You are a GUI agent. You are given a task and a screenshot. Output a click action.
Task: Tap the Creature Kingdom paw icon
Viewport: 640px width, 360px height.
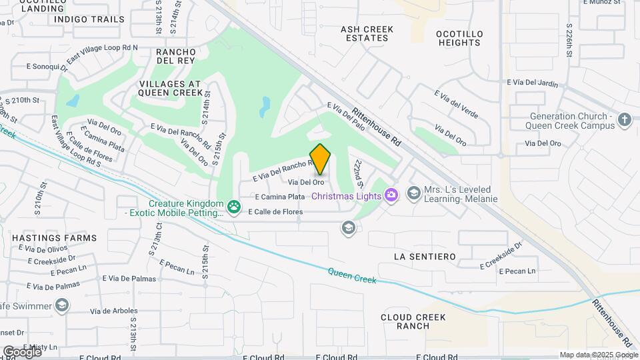click(x=234, y=207)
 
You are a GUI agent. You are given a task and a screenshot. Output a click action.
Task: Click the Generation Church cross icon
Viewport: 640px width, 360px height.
click(x=624, y=119)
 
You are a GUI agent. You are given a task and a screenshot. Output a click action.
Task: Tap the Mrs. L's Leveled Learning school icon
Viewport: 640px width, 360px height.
click(x=413, y=193)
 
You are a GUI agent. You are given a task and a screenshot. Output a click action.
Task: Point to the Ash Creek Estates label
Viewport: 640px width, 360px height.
click(x=367, y=33)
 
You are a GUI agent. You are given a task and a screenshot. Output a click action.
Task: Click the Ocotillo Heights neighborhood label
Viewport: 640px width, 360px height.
click(x=458, y=38)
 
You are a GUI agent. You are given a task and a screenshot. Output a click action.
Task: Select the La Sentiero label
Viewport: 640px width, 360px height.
click(x=425, y=257)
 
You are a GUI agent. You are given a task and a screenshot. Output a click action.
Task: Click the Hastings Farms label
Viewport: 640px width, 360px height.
click(x=54, y=238)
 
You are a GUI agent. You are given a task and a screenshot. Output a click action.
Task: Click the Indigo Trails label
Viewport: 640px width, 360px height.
click(x=89, y=19)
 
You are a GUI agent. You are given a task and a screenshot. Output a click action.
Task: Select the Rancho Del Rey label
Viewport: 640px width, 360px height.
click(x=175, y=57)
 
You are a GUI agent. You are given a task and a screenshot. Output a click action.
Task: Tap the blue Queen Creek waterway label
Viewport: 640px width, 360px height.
click(x=352, y=275)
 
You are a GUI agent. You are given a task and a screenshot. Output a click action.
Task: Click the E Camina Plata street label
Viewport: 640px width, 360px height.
click(x=280, y=197)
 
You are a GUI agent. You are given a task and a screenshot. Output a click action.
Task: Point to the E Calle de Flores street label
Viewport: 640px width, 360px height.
click(x=275, y=212)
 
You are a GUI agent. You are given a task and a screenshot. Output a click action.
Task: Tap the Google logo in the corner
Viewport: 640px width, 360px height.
click(x=22, y=351)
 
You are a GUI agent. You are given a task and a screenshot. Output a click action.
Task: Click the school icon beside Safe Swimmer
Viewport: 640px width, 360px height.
click(x=62, y=305)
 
